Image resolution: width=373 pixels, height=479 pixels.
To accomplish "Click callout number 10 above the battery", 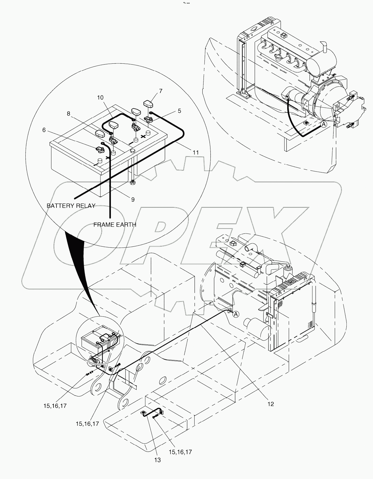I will pyautogui.click(x=100, y=97).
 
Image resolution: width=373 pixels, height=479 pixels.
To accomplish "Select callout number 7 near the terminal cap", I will pyautogui.click(x=161, y=91).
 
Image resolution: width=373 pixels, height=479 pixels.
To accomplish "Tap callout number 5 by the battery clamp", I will pyautogui.click(x=179, y=111).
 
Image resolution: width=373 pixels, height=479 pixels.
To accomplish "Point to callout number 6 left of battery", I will pyautogui.click(x=44, y=130).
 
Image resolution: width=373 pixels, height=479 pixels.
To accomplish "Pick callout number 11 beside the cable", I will pyautogui.click(x=195, y=152).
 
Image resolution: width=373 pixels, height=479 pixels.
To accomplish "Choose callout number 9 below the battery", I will pyautogui.click(x=133, y=199).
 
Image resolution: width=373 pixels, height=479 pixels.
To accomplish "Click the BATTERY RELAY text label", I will pyautogui.click(x=71, y=206).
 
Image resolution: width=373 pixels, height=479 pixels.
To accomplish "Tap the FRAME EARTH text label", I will pyautogui.click(x=115, y=225).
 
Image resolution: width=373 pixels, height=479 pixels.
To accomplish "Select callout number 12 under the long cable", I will pyautogui.click(x=270, y=404).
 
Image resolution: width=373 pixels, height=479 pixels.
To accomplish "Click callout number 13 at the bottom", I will pyautogui.click(x=157, y=460).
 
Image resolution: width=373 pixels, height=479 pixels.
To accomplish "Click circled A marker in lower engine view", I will pyautogui.click(x=236, y=314).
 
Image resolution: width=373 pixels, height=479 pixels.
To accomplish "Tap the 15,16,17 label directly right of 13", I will pyautogui.click(x=180, y=452).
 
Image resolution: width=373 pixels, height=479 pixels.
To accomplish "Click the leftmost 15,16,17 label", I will pyautogui.click(x=55, y=406).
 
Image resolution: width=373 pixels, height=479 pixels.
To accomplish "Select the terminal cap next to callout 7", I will pyautogui.click(x=149, y=105).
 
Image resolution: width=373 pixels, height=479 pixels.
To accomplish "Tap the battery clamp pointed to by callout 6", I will pyautogui.click(x=99, y=149).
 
